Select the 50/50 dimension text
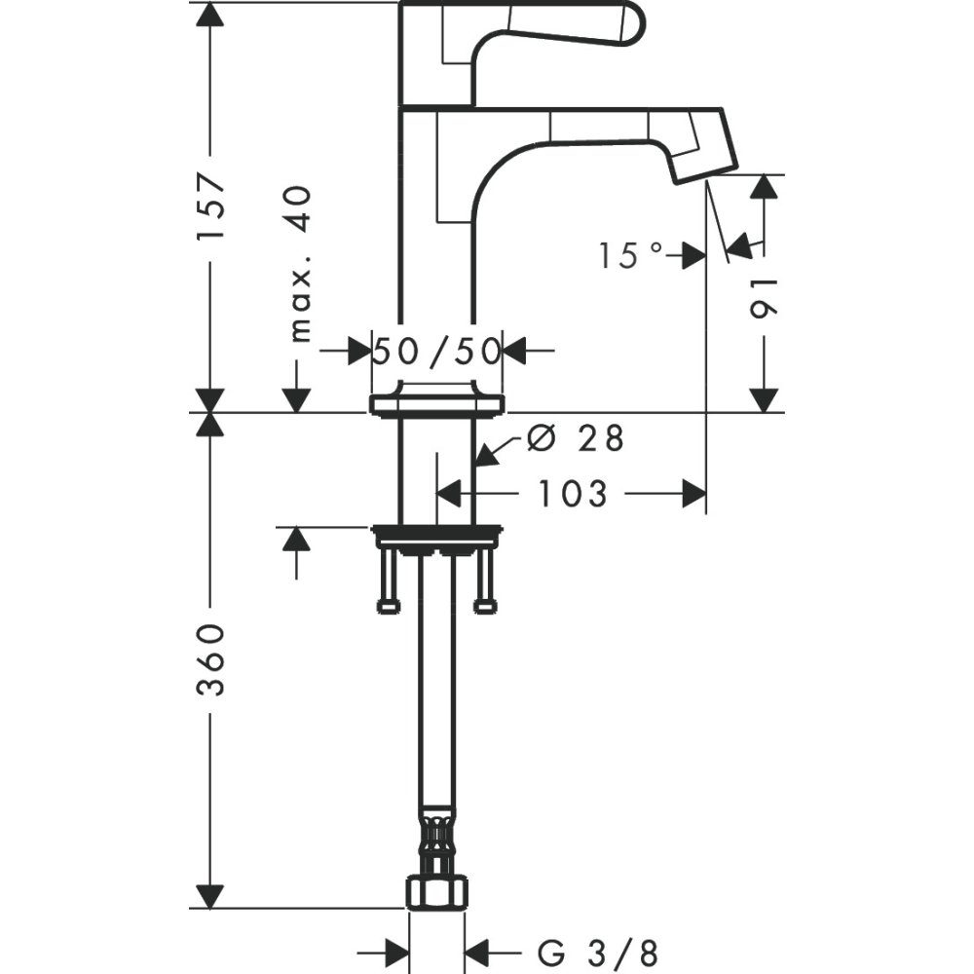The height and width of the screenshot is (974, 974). (436, 350)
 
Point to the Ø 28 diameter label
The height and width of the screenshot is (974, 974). (574, 439)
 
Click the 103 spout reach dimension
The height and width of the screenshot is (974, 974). (573, 494)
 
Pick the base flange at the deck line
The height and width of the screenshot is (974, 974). (436, 404)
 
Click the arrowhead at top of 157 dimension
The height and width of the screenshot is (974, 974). (210, 14)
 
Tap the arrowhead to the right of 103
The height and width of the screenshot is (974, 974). (693, 494)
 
